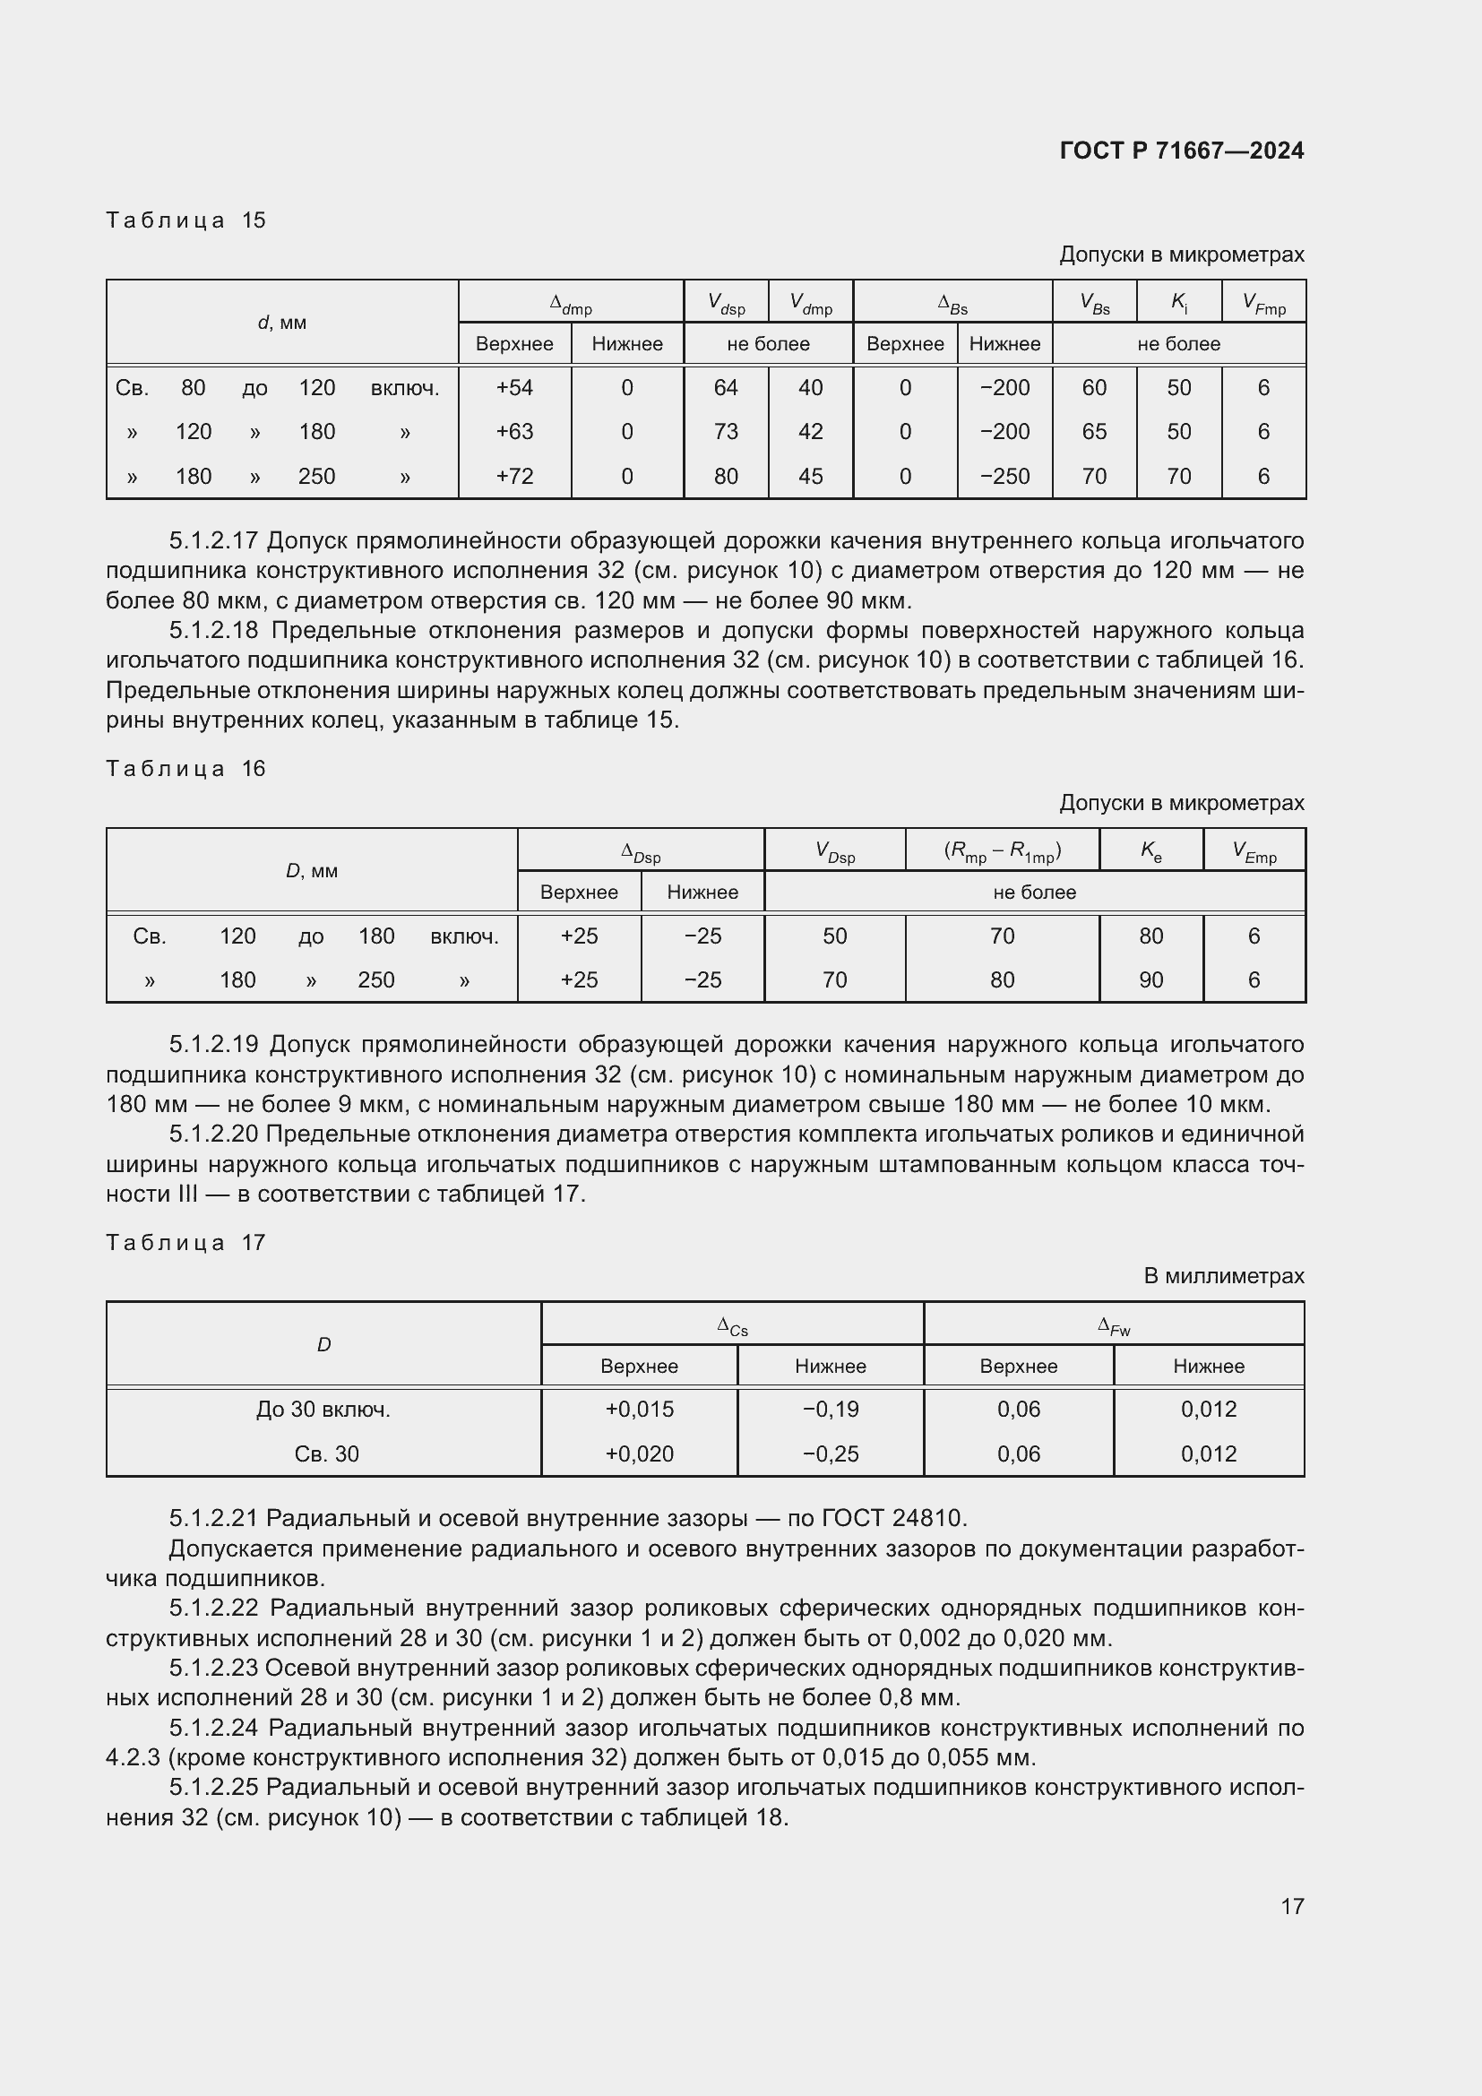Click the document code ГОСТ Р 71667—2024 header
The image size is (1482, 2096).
1181,151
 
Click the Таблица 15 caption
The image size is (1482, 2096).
185,220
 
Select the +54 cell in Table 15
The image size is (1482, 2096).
513,388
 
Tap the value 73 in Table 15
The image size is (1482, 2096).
726,432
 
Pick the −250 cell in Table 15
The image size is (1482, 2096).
1004,477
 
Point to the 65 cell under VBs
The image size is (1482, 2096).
1093,432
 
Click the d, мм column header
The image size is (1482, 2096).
282,323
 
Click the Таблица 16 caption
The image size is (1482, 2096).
185,769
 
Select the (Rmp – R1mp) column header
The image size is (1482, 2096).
1002,851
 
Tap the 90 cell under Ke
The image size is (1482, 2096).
1150,980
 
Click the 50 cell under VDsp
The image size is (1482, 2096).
834,936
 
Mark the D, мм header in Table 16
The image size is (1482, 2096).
311,871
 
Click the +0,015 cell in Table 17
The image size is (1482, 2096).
639,1410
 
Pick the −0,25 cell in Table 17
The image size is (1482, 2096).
831,1454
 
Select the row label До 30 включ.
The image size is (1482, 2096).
323,1410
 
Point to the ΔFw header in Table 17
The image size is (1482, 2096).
1114,1325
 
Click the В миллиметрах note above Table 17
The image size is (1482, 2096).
1223,1276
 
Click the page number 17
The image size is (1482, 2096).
1291,1906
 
